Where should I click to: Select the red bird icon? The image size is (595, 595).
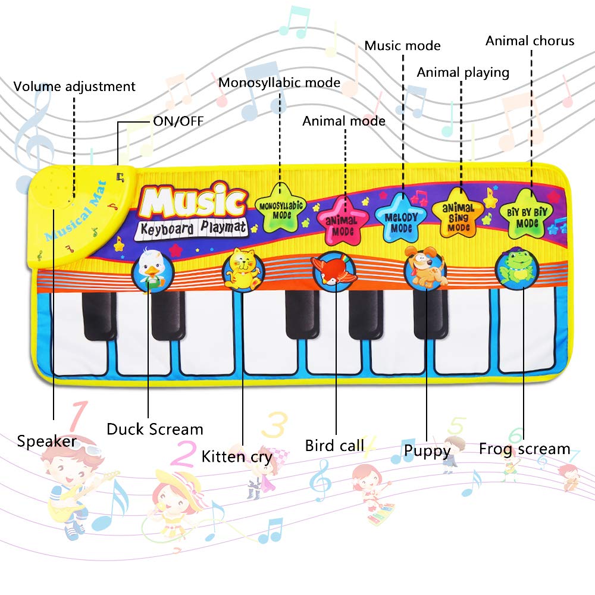click(334, 271)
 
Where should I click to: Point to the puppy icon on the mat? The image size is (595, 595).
click(426, 269)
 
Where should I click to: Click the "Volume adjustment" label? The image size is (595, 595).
click(74, 86)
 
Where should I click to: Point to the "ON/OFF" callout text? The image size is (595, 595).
click(178, 121)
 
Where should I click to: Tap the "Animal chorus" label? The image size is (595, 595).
click(530, 40)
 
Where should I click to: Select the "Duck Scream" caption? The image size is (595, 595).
click(155, 428)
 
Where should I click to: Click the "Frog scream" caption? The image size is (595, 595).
click(524, 448)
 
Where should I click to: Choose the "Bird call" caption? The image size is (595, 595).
click(334, 445)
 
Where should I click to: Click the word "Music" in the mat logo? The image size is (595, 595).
click(193, 202)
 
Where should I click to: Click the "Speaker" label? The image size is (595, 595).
click(46, 441)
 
